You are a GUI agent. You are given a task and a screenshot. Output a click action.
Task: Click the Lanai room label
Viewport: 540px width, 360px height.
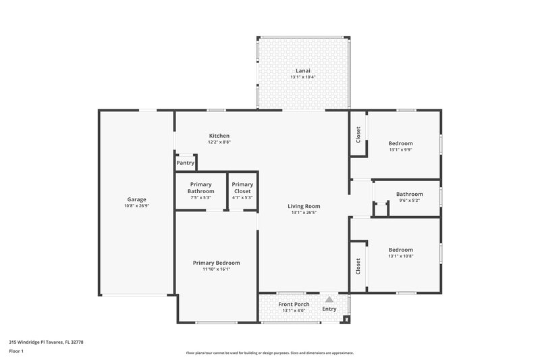(303, 70)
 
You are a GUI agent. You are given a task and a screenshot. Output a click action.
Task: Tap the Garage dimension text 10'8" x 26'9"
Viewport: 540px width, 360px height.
(137, 206)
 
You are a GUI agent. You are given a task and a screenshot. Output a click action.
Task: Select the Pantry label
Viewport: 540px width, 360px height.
(185, 163)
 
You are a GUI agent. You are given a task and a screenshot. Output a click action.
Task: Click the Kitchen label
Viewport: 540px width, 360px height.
(219, 136)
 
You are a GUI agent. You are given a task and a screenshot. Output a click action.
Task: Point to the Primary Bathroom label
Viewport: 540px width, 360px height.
(200, 188)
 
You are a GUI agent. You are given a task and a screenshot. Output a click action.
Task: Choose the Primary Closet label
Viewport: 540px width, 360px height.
(242, 188)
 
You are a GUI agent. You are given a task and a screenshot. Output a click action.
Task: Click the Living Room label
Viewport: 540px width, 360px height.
(304, 206)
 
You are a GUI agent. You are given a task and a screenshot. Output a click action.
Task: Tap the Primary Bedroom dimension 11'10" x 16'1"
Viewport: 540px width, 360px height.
(216, 269)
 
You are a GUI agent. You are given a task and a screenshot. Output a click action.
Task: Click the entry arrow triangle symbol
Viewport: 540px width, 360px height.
(329, 299)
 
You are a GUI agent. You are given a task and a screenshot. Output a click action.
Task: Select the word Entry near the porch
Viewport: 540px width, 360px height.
(329, 309)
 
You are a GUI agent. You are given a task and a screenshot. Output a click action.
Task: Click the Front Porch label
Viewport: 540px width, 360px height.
(294, 304)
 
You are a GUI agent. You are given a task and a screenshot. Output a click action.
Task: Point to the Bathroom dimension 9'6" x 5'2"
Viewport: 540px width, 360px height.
(409, 201)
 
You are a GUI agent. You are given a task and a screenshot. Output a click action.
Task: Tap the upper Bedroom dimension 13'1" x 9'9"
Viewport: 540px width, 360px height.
(400, 150)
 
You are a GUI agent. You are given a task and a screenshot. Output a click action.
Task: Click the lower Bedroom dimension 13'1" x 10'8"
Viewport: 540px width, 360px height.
(400, 257)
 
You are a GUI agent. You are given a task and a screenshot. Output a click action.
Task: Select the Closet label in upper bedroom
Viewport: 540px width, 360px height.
(358, 135)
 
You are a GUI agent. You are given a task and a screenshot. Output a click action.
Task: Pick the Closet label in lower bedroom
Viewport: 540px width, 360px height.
(358, 266)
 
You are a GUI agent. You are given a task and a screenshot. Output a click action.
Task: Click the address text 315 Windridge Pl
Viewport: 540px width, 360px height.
(46, 342)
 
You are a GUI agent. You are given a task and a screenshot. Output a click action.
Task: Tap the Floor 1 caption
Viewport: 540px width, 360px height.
(16, 351)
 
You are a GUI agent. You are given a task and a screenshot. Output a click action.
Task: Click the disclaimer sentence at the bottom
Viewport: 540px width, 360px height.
(269, 353)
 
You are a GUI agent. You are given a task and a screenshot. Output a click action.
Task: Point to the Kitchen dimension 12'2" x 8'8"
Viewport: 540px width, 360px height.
(219, 143)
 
